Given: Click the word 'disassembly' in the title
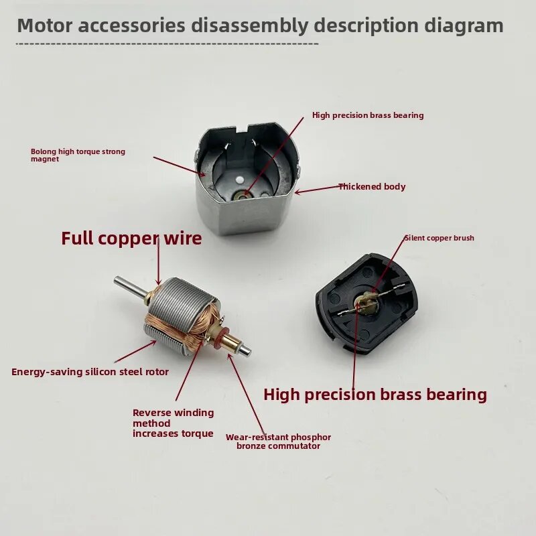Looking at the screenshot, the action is click(249, 26).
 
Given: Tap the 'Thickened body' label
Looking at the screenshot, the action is click(372, 187).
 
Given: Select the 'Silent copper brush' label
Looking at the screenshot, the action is click(440, 238).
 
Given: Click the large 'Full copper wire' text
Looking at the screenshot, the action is click(131, 239).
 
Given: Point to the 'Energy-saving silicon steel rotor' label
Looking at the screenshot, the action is click(90, 372).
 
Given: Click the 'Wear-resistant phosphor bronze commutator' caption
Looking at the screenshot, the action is click(278, 442).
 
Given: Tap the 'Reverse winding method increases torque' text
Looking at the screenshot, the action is click(174, 423).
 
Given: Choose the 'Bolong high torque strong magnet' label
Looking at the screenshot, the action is click(78, 155).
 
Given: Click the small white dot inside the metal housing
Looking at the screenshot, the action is click(240, 179).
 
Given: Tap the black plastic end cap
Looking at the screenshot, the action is click(368, 304).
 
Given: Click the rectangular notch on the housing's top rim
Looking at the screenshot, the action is click(243, 129).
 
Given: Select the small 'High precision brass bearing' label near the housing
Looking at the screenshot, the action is click(368, 115).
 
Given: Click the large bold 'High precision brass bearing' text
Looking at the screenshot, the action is click(375, 395).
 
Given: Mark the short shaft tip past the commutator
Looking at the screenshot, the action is click(246, 350).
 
